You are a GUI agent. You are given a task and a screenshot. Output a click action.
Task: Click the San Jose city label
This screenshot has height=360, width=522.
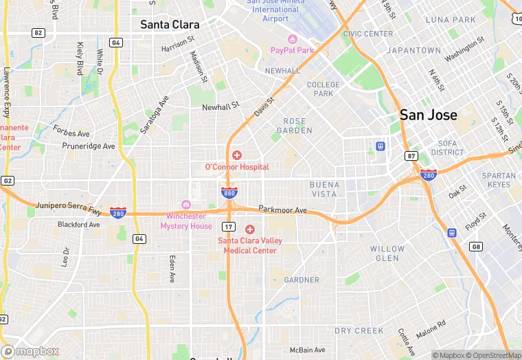[x=428, y=115]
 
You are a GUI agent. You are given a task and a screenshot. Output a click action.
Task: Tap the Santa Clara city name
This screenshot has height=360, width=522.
[x=170, y=24]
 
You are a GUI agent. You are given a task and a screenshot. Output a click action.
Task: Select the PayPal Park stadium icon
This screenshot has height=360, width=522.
[x=292, y=39]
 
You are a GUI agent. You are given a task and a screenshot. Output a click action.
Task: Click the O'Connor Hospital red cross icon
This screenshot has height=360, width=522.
[x=237, y=155]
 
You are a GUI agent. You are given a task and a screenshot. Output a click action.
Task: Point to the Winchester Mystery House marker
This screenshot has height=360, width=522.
[x=185, y=205]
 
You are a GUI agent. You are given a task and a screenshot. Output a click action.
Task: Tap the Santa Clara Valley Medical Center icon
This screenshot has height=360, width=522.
[x=249, y=229]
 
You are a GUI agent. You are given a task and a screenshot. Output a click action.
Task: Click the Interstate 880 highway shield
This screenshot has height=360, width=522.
[x=229, y=193]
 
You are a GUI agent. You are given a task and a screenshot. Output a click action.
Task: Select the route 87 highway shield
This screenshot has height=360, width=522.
[x=411, y=156]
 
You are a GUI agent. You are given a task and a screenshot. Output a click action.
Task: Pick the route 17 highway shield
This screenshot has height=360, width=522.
[x=228, y=226]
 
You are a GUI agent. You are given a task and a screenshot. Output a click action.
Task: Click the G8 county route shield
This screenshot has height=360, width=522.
[x=475, y=246]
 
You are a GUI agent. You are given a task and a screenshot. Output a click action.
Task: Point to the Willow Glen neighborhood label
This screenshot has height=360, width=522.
[x=388, y=254]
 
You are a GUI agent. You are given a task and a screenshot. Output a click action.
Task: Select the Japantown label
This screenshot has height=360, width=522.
[x=413, y=50]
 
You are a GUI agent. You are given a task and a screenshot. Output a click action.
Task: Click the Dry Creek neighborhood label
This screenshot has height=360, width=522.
[x=359, y=330]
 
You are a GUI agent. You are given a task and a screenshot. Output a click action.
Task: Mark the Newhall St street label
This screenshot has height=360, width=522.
[x=220, y=106]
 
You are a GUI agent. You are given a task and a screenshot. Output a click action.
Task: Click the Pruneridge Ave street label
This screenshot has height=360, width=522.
[x=89, y=146]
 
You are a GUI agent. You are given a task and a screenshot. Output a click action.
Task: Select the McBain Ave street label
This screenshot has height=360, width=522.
[x=307, y=350]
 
